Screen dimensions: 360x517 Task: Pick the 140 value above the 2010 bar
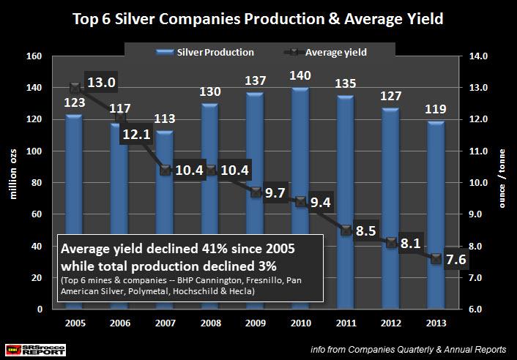coord(298,76)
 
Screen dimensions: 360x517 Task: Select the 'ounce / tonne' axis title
coord(502,183)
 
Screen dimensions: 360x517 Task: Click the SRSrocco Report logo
coord(26,349)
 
